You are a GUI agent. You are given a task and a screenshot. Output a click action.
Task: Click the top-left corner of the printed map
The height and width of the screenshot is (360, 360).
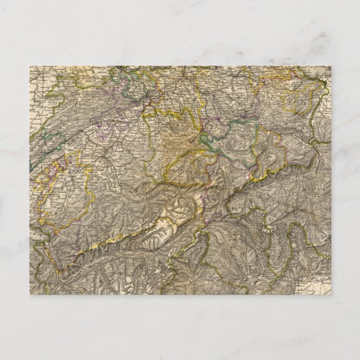click(30, 67)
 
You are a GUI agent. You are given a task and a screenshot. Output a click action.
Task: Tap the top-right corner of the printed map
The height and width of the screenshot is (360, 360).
click(330, 67)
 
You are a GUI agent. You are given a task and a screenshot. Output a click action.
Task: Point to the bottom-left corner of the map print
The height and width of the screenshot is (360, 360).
click(30, 294)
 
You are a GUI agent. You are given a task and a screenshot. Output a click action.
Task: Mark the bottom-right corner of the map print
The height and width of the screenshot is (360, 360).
click(330, 294)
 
